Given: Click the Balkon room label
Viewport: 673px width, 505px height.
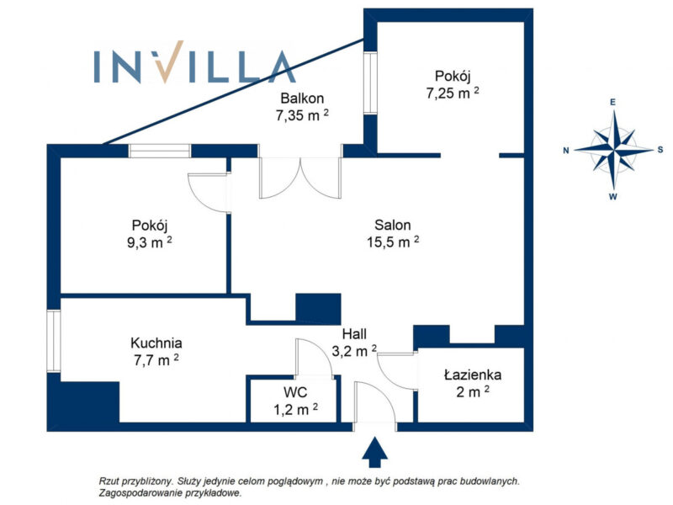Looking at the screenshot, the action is click(302, 98).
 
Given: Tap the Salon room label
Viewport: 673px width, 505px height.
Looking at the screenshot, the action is click(392, 225).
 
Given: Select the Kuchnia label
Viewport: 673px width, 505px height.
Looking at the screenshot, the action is click(156, 343).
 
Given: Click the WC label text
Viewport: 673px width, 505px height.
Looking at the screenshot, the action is click(295, 392).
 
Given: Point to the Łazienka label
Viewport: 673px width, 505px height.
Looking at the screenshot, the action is click(473, 375).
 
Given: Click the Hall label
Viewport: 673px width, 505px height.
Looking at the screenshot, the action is click(354, 333).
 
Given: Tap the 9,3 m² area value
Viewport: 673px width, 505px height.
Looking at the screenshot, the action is click(150, 242).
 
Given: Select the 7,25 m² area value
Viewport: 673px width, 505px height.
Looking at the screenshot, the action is click(453, 93).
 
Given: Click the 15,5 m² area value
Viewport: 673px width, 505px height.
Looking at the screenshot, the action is click(393, 242).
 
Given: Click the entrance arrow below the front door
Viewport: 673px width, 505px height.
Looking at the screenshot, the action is click(374, 452).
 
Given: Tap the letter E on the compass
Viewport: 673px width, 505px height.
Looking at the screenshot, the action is click(613, 102).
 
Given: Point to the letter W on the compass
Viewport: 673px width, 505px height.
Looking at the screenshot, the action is click(613, 197).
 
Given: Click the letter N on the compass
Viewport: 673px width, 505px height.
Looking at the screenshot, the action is click(566, 151).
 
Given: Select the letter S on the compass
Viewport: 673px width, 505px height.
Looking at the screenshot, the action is click(660, 150).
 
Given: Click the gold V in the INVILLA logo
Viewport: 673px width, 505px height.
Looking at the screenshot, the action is click(170, 61).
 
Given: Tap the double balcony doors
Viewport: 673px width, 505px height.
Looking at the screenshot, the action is click(300, 178).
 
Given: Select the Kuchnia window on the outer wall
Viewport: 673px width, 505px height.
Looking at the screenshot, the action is click(54, 341).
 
